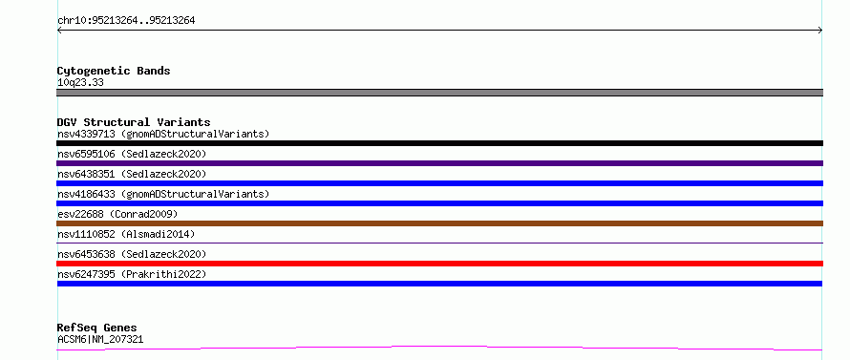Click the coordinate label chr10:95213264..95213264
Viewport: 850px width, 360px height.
(126, 21)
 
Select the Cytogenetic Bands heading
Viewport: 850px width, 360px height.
(114, 71)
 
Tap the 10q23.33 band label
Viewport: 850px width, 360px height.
(80, 83)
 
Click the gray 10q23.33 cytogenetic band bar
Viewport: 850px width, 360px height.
(439, 93)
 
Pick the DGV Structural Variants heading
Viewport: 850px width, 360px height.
(134, 122)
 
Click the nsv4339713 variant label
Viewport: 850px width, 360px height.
(163, 134)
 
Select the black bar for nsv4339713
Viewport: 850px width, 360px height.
(439, 143)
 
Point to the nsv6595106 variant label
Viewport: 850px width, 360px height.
(132, 154)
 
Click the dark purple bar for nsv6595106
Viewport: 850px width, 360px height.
(439, 163)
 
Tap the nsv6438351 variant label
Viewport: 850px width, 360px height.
(132, 174)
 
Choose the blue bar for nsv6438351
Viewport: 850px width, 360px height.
(439, 183)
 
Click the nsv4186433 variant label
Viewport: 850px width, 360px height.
(163, 194)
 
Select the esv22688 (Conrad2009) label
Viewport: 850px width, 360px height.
(117, 214)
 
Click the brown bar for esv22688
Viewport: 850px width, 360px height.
(439, 223)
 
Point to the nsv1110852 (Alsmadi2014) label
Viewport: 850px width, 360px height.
(126, 234)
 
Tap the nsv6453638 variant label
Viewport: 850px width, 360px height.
(132, 254)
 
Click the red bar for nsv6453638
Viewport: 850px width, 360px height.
(439, 264)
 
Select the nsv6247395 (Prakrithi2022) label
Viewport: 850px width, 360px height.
(132, 274)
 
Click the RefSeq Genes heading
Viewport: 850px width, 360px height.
(96, 328)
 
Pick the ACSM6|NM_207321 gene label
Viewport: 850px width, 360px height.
(100, 340)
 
